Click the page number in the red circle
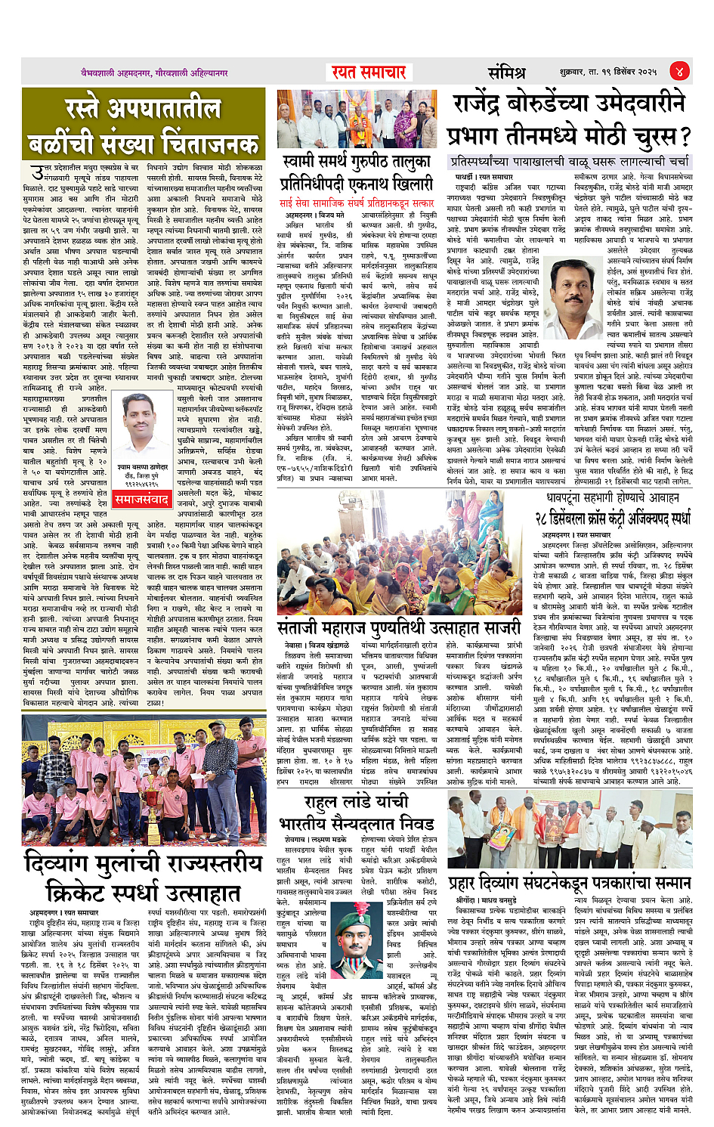tap(679, 72)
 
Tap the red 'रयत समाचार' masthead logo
tap(369, 73)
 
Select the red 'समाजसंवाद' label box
tap(142, 500)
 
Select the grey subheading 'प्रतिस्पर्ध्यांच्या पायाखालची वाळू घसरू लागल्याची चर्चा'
tap(569, 162)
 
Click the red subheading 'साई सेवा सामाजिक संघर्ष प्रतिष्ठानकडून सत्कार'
tap(357, 203)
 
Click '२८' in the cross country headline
tap(545, 519)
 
